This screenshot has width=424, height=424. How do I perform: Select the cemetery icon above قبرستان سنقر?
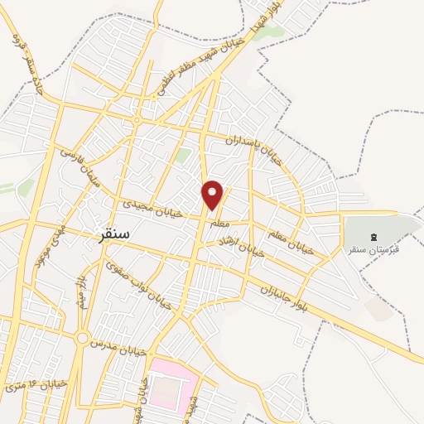pyautogui.click(x=373, y=237)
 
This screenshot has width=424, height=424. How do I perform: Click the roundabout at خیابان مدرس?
pyautogui.click(x=82, y=339)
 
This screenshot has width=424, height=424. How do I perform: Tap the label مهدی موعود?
pyautogui.click(x=46, y=247)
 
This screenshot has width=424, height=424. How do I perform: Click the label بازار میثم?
pyautogui.click(x=79, y=292)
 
